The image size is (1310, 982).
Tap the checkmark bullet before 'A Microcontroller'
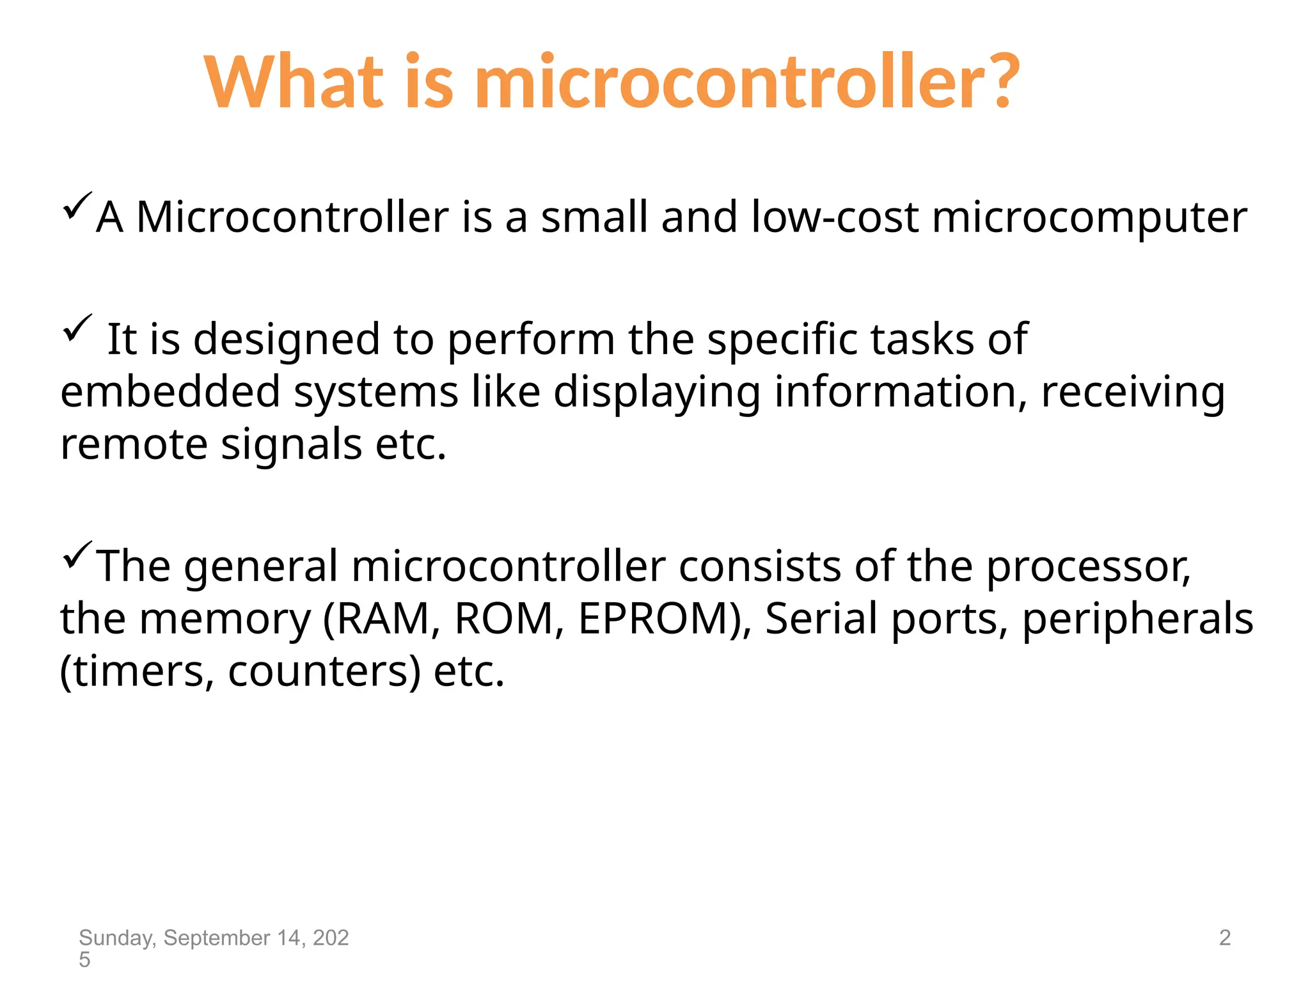(x=77, y=207)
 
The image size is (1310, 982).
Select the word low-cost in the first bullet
(x=834, y=217)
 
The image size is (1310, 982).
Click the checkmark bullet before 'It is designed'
(x=77, y=329)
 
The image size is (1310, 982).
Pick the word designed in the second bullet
(x=287, y=340)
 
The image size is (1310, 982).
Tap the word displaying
(x=657, y=393)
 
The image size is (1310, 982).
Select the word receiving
(x=1133, y=393)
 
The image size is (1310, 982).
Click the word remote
(x=134, y=444)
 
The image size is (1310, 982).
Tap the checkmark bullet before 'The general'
(x=77, y=555)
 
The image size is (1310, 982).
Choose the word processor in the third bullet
(x=1087, y=568)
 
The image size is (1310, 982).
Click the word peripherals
(x=1137, y=620)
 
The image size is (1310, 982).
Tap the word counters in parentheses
(x=324, y=673)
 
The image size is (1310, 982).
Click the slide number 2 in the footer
(x=1224, y=938)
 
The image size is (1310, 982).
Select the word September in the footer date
(x=217, y=938)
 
